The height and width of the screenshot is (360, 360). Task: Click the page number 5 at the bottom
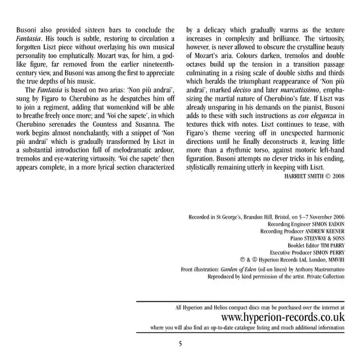(x=180, y=343)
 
